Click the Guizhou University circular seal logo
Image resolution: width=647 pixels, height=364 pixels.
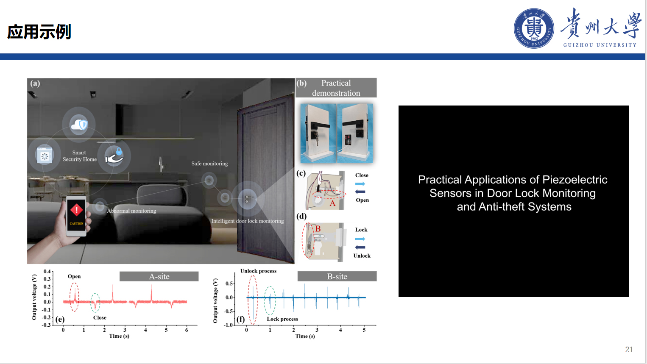(534, 28)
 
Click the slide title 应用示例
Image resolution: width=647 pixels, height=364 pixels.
(39, 32)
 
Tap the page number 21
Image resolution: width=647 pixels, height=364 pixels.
(629, 349)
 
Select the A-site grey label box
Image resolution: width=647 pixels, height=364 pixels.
(159, 276)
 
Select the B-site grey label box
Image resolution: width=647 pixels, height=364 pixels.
(337, 276)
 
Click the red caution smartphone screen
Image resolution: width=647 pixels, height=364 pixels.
(76, 215)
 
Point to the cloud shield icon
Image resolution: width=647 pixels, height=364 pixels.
(79, 125)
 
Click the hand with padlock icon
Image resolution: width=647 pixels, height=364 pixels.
(114, 156)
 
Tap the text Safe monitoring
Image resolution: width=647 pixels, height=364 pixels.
(209, 164)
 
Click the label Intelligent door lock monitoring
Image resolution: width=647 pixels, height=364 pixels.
(247, 221)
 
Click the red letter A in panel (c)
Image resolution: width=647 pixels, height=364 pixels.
(332, 203)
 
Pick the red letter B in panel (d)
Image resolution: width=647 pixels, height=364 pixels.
(318, 229)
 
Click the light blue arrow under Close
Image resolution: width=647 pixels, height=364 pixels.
(360, 184)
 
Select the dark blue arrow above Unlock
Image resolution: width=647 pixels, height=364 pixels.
(360, 247)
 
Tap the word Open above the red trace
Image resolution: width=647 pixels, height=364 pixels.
(74, 276)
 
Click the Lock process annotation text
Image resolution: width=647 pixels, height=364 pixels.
(282, 319)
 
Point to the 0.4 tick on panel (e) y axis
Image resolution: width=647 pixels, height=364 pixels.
(47, 271)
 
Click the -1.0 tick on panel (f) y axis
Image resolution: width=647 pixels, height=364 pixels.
(228, 325)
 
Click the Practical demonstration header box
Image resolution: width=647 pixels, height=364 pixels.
(336, 88)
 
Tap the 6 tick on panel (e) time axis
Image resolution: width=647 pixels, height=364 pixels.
(187, 330)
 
